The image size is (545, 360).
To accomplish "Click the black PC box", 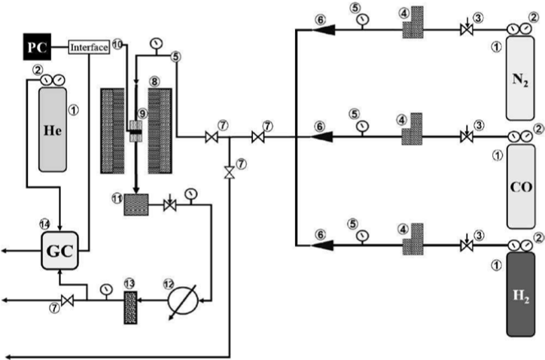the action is [37, 47].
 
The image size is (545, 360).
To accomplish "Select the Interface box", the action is [90, 47].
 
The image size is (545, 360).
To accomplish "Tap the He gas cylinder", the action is [53, 130].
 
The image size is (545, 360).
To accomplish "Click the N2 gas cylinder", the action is [520, 78].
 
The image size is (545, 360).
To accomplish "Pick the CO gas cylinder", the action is [521, 187].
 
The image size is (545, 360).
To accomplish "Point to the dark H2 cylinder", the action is [521, 294].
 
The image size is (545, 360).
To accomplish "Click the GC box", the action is [59, 251].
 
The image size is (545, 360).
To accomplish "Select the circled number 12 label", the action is [168, 284].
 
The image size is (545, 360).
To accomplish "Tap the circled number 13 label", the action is [129, 284].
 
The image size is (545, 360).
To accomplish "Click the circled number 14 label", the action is [44, 224].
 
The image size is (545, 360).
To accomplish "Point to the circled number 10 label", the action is [117, 44].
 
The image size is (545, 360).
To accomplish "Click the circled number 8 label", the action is [154, 82].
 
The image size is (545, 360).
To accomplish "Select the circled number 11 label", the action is [117, 198].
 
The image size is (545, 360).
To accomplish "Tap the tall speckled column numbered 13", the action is [130, 308].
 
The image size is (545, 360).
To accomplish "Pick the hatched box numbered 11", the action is [136, 205].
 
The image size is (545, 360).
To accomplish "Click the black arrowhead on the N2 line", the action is [324, 30].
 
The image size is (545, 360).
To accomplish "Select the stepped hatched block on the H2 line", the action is [413, 239].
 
